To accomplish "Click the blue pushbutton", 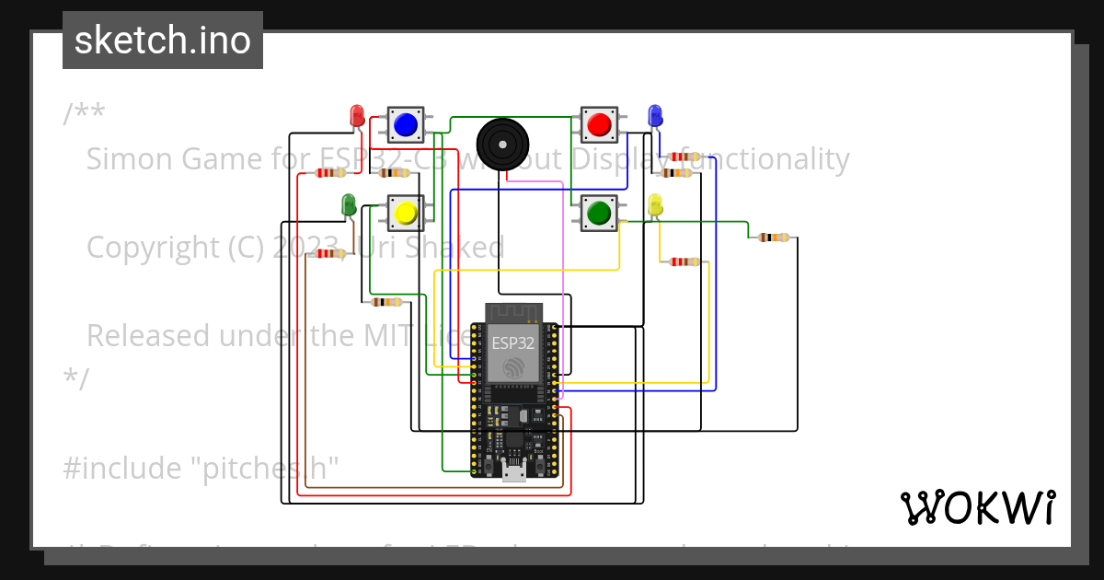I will click(405, 124).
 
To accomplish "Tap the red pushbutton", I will click(599, 124).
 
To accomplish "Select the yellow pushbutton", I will click(405, 213).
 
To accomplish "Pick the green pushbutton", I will click(599, 213).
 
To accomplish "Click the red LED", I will click(357, 115).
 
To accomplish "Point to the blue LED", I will click(655, 115).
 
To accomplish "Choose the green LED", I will click(349, 203).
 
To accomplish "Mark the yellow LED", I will click(655, 204).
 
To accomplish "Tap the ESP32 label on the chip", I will click(512, 342).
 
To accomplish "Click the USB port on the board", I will click(514, 473).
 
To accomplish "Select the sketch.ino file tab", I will click(163, 41).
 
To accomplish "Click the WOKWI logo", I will click(977, 507).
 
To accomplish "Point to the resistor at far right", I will click(773, 238).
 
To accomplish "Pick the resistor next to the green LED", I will click(329, 253).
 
